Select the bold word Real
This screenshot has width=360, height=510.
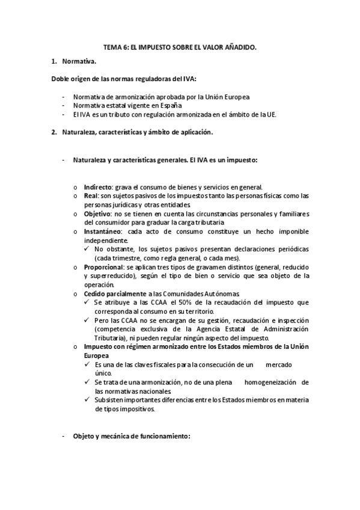click(x=91, y=196)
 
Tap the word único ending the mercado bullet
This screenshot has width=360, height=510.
click(x=103, y=373)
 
